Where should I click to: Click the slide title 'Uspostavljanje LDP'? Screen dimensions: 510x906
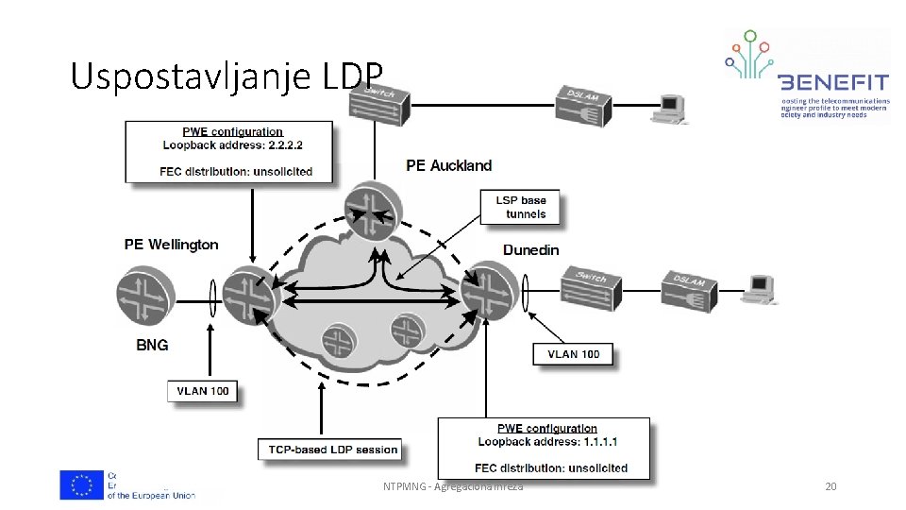click(x=226, y=76)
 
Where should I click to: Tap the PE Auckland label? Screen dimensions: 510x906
click(x=448, y=165)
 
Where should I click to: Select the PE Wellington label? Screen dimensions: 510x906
click(x=171, y=245)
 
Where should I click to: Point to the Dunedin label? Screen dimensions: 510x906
click(x=530, y=250)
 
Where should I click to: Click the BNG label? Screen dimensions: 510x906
click(x=152, y=345)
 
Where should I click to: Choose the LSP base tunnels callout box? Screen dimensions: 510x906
click(x=520, y=207)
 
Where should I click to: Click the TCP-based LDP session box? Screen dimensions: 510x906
click(x=329, y=449)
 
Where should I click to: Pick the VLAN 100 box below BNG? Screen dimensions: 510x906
click(x=202, y=390)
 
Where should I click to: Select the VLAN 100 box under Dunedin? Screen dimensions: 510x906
click(x=573, y=354)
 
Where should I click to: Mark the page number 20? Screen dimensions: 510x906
click(x=830, y=486)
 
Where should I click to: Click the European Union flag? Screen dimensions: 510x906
click(x=82, y=484)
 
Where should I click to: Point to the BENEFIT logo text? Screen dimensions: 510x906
click(x=832, y=81)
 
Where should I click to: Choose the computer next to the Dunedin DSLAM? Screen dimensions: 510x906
click(x=758, y=288)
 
